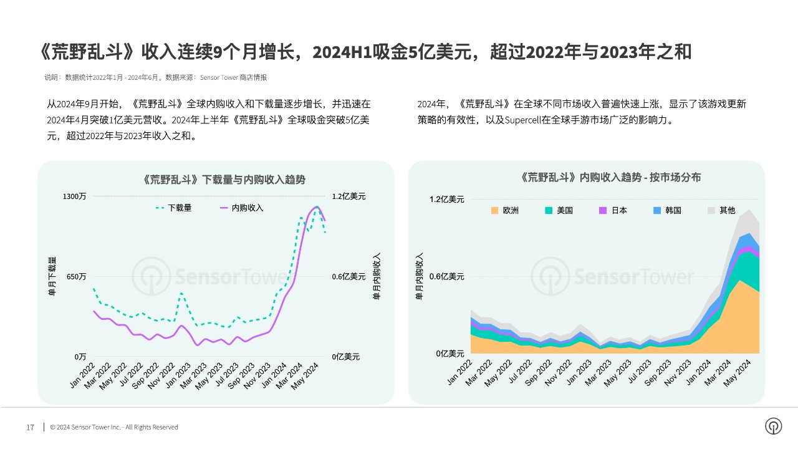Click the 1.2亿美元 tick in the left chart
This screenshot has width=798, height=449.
pyautogui.click(x=349, y=196)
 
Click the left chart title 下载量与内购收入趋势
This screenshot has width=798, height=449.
pyautogui.click(x=224, y=180)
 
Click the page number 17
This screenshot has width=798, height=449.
pyautogui.click(x=30, y=428)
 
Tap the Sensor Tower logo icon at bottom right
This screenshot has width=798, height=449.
pyautogui.click(x=773, y=426)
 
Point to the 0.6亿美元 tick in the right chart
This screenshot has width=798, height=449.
pyautogui.click(x=446, y=276)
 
